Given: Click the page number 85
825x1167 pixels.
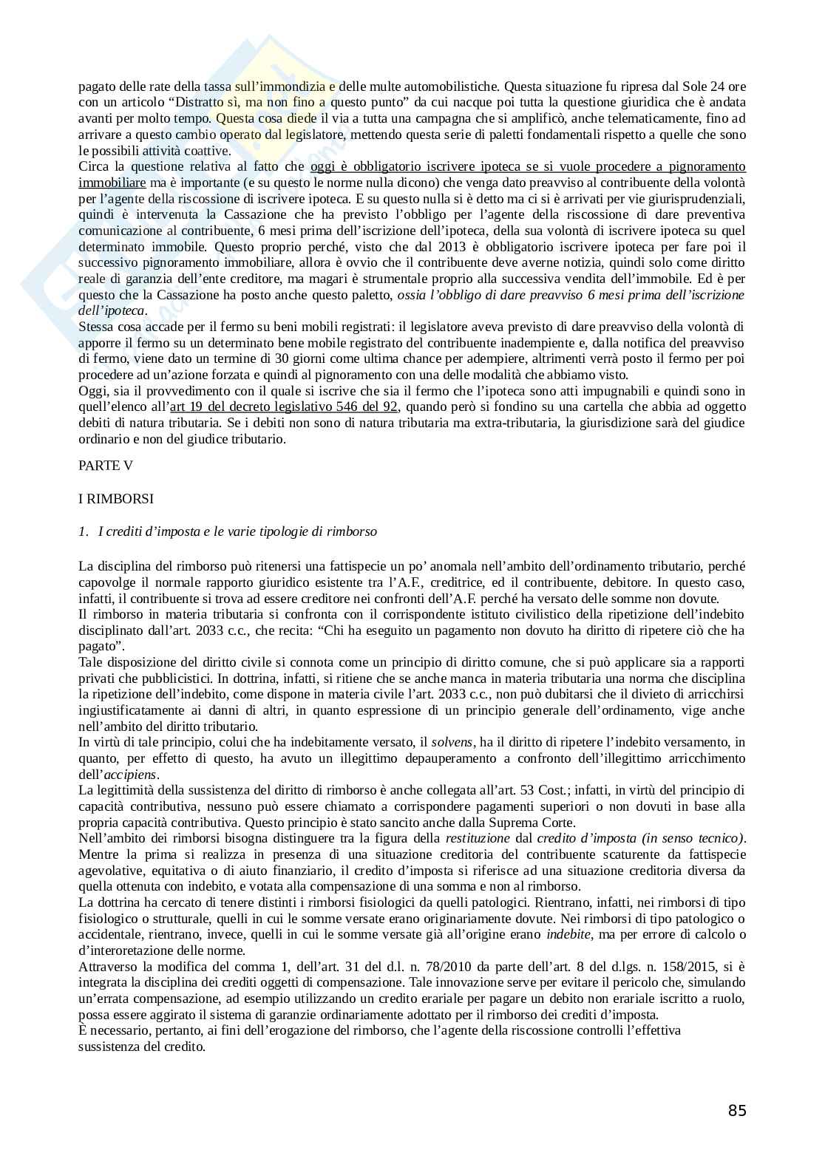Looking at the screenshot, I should tap(737, 1111).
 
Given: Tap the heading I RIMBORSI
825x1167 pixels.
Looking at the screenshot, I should tap(116, 499).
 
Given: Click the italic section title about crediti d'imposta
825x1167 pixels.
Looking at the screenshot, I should tap(237, 531).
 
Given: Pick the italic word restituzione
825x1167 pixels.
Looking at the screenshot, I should tap(478, 839).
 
